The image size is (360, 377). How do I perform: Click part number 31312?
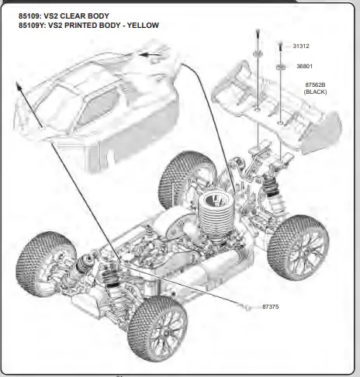point(302,47)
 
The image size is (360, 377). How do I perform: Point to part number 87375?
point(271,308)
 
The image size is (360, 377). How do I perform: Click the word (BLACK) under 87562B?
point(317,92)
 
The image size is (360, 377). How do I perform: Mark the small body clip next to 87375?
point(247,308)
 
